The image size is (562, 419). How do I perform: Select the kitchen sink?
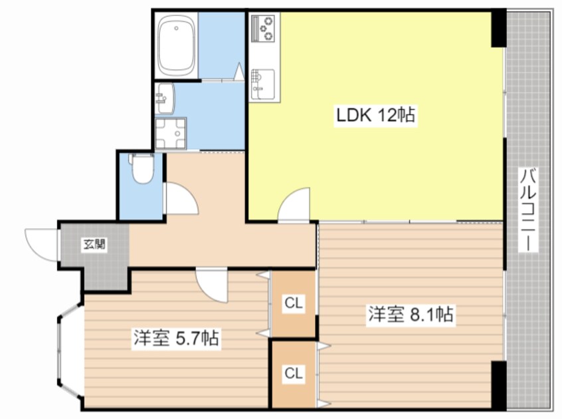point(264,84)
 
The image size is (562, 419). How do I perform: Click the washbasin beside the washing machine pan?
point(165,98)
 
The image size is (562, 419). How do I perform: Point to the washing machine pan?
point(171,133)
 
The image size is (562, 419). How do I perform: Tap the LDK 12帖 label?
point(375,116)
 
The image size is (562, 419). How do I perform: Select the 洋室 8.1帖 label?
point(411,315)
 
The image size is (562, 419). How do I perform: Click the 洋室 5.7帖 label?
point(176,338)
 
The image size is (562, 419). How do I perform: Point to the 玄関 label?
point(94,245)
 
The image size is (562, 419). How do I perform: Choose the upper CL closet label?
point(294,303)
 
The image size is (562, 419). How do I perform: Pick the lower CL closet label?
point(294,373)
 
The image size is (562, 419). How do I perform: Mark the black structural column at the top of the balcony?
point(499,29)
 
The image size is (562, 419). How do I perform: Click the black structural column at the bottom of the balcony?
point(499,385)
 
